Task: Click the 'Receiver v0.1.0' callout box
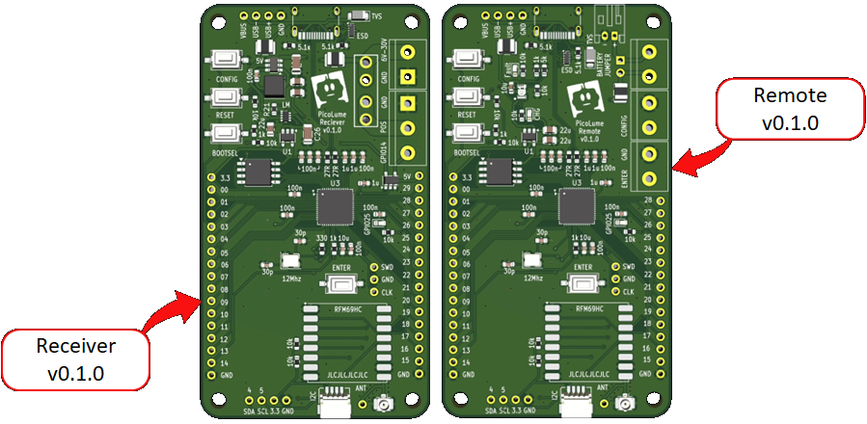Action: [x=75, y=359]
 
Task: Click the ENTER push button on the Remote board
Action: [x=581, y=283]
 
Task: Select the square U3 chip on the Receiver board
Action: [x=336, y=205]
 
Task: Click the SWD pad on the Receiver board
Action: [x=373, y=266]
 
